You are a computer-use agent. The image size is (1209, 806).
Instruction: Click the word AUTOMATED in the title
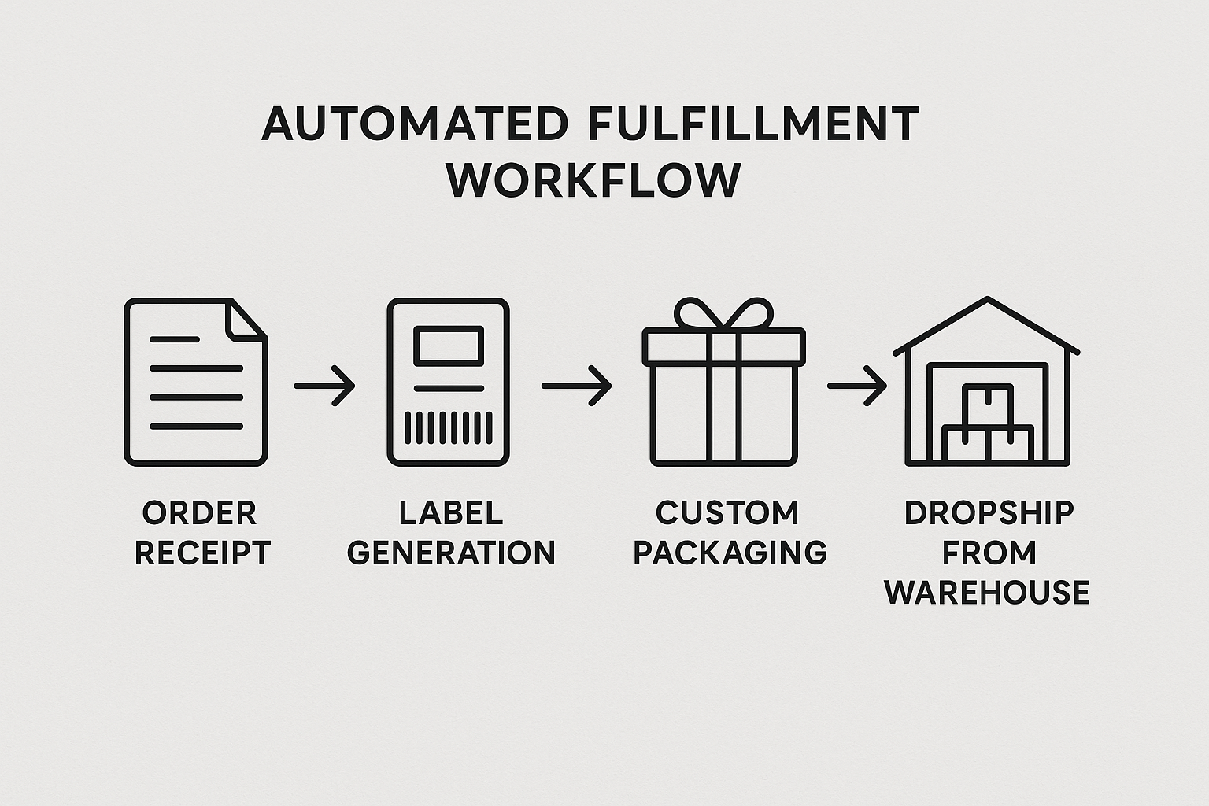tap(414, 124)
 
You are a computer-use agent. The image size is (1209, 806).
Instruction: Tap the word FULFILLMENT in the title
tap(753, 124)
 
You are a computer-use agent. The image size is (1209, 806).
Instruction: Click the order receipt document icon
tap(195, 382)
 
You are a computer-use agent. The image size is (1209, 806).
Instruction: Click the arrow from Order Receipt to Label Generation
tap(324, 386)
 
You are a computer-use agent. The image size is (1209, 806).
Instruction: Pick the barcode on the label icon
tap(448, 428)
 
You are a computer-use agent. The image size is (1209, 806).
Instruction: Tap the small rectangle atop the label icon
tap(448, 346)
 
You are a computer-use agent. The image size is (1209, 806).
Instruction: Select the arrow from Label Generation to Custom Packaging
tap(576, 386)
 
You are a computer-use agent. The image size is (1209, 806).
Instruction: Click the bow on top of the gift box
tap(723, 314)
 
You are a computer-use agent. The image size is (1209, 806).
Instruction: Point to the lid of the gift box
tap(723, 346)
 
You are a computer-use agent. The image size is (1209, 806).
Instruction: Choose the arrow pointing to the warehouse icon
tap(856, 386)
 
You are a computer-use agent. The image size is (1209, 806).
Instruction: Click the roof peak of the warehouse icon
tap(987, 301)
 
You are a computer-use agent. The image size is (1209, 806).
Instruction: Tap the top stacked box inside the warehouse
tap(988, 405)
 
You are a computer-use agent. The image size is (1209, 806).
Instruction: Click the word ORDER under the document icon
tap(199, 513)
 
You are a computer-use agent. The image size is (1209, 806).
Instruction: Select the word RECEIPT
tap(202, 553)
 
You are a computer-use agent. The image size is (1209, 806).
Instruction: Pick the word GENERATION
tap(451, 553)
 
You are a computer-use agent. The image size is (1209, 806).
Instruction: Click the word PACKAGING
tap(730, 553)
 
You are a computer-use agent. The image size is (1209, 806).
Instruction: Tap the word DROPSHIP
tap(989, 513)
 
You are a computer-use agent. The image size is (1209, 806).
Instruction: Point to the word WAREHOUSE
tap(987, 592)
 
